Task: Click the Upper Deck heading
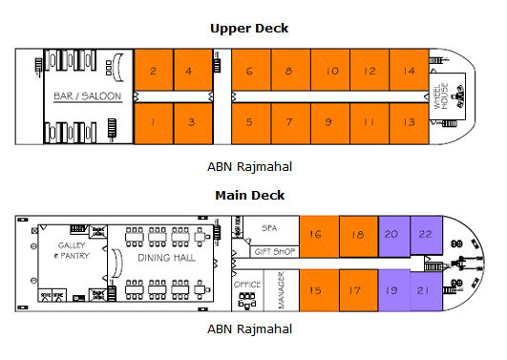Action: click(x=249, y=28)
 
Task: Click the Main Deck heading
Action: click(x=249, y=196)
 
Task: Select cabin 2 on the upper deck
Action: click(x=153, y=71)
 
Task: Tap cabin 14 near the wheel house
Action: click(x=409, y=71)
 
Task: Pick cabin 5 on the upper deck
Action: click(x=250, y=121)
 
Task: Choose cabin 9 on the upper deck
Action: click(x=328, y=121)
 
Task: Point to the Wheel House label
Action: click(x=442, y=96)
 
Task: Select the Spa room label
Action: click(x=270, y=229)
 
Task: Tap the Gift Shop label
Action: click(x=275, y=252)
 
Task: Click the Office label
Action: click(x=247, y=284)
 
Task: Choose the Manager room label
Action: click(x=281, y=289)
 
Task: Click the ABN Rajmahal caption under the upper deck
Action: click(x=249, y=166)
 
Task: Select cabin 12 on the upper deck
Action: click(x=370, y=71)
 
